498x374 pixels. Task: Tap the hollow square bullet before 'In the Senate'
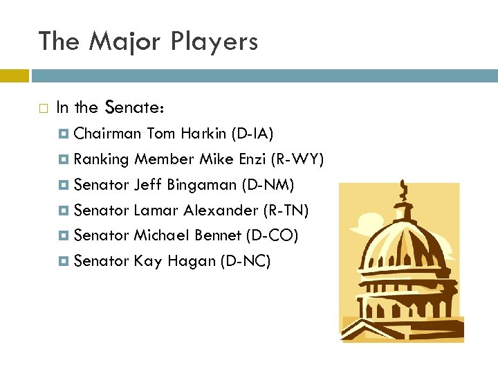(x=43, y=108)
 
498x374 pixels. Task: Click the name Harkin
(x=205, y=133)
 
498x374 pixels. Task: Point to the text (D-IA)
(x=253, y=133)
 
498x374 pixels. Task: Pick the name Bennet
(x=218, y=235)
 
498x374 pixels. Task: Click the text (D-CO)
(x=272, y=235)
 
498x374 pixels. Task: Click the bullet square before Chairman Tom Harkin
(x=65, y=134)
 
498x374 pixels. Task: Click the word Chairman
(x=107, y=133)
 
